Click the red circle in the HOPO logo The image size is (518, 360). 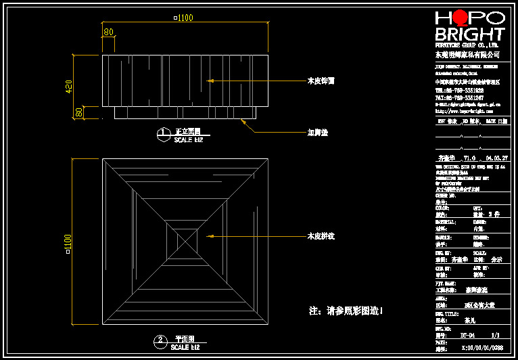tap(461, 18)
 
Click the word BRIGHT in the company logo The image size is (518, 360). tap(470, 35)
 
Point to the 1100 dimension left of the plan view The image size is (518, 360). tap(68, 244)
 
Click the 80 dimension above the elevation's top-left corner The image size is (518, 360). tap(108, 32)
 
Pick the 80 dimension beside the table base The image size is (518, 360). tap(80, 112)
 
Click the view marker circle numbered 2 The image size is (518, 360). tap(161, 341)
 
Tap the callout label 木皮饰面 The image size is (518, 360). tap(321, 81)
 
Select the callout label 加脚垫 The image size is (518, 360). tap(317, 133)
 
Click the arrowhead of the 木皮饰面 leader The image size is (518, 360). tap(210, 81)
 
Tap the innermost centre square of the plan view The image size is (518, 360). tap(186, 240)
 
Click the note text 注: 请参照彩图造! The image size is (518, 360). tap(346, 311)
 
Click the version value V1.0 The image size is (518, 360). tap(469, 158)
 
